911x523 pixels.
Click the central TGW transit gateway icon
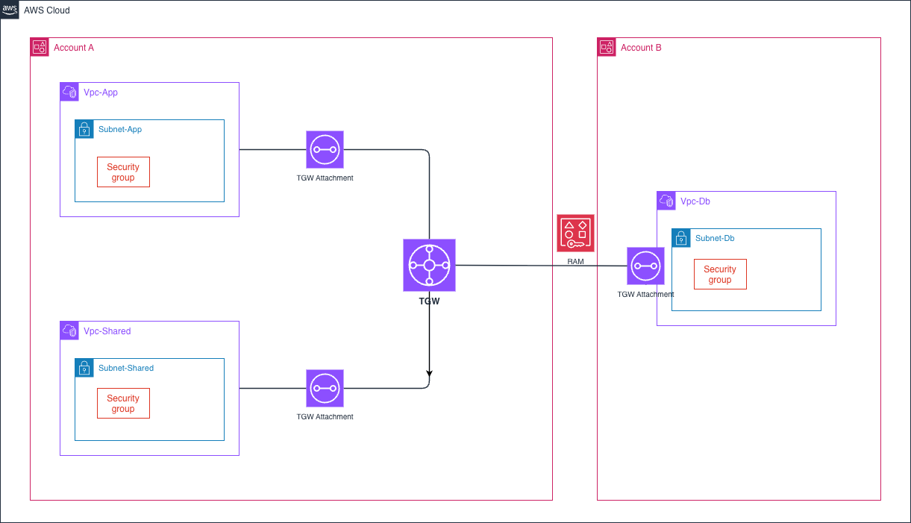(x=429, y=265)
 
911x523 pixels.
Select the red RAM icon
(x=575, y=233)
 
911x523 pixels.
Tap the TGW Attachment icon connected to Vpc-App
(x=325, y=149)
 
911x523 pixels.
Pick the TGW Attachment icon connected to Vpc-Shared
(x=325, y=388)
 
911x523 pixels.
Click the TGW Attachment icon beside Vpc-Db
(x=645, y=266)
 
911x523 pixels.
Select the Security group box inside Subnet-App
(x=123, y=172)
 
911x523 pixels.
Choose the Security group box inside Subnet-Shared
(x=123, y=403)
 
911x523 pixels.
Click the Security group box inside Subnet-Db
(x=720, y=274)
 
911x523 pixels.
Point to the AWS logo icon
(x=10, y=10)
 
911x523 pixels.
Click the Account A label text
(x=74, y=48)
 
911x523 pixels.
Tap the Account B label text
(x=641, y=48)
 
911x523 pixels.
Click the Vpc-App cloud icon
(x=69, y=92)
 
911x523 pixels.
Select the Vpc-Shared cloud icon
(x=69, y=331)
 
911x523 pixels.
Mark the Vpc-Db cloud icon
(x=666, y=201)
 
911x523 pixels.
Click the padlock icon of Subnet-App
(x=84, y=129)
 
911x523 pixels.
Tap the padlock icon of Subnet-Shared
(x=84, y=368)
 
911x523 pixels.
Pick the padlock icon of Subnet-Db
(x=681, y=238)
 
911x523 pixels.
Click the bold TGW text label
(x=429, y=302)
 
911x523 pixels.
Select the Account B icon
(x=607, y=47)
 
